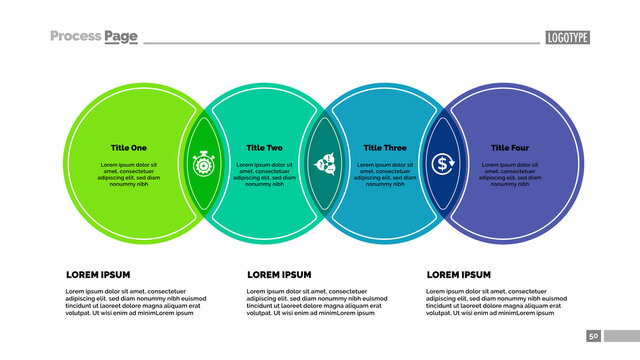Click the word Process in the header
(x=75, y=37)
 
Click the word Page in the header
(x=120, y=37)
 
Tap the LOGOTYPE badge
(x=567, y=38)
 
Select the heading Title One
(x=129, y=148)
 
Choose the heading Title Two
(x=265, y=148)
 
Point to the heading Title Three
(x=385, y=148)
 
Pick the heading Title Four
(x=510, y=148)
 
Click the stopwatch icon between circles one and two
(x=203, y=163)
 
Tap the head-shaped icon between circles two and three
(x=325, y=163)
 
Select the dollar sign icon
(x=442, y=163)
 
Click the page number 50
(x=593, y=337)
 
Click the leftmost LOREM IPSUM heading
(x=98, y=274)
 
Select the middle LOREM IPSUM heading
(x=279, y=274)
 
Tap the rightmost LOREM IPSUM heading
(x=459, y=274)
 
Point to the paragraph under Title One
(x=129, y=174)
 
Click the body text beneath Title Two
(x=265, y=174)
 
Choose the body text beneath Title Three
(x=385, y=174)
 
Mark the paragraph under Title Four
(x=510, y=174)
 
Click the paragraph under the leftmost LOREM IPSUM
(x=135, y=302)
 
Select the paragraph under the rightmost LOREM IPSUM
(x=496, y=302)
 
